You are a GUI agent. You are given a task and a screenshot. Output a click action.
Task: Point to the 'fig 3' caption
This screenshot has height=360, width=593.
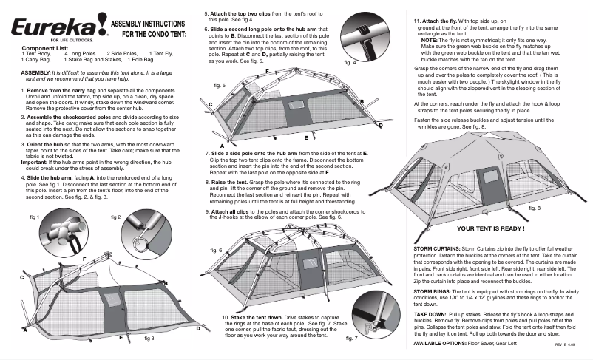[x=149, y=338]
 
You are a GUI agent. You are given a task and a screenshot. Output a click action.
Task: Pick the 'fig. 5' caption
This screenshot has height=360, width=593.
[x=219, y=86]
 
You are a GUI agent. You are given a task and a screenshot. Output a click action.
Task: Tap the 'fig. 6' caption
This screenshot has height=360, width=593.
[x=215, y=251]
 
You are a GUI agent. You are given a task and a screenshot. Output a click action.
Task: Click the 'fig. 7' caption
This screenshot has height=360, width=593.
[x=352, y=338]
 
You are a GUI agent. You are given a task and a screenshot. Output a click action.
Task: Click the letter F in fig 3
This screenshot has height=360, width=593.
[x=84, y=257]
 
